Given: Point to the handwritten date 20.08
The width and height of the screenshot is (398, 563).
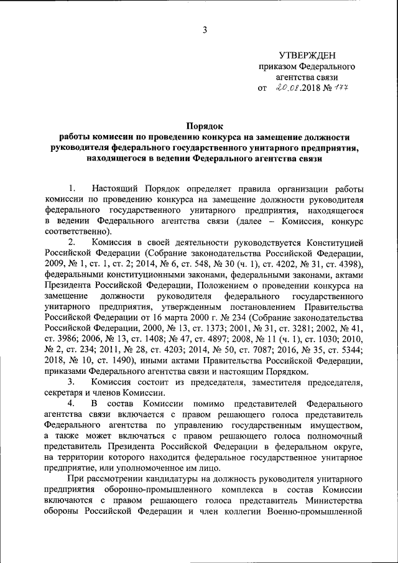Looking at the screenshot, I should click(x=287, y=88).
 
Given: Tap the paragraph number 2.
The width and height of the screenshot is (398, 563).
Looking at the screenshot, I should click(x=72, y=242).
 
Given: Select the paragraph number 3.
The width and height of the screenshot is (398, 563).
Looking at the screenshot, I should click(x=72, y=381).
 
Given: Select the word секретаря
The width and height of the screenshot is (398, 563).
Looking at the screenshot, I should click(x=65, y=393).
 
